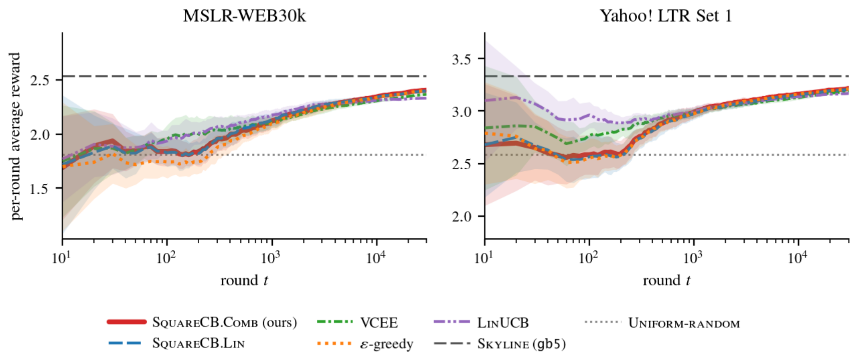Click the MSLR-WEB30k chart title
click(x=244, y=16)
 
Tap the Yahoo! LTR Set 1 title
click(x=666, y=16)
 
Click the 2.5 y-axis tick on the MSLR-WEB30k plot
click(x=40, y=81)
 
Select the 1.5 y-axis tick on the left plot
click(x=40, y=188)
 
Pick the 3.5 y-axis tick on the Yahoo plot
click(x=463, y=59)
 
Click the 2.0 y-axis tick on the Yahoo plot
click(x=463, y=217)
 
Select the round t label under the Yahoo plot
click(x=666, y=280)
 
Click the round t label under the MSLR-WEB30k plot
click(x=244, y=280)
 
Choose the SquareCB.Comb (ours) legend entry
click(x=202, y=322)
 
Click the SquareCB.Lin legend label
click(x=198, y=343)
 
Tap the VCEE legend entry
click(x=358, y=322)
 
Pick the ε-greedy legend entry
click(x=365, y=343)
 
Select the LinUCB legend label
click(x=503, y=322)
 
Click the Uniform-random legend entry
click(x=663, y=323)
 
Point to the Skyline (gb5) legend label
click(x=521, y=343)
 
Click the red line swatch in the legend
click(x=127, y=322)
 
